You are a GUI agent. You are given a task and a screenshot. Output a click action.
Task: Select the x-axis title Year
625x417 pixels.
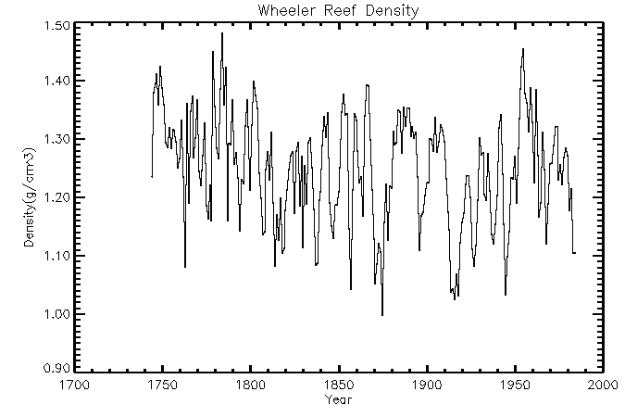point(338,399)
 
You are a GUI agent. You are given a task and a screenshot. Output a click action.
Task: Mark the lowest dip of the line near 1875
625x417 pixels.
point(382,315)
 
